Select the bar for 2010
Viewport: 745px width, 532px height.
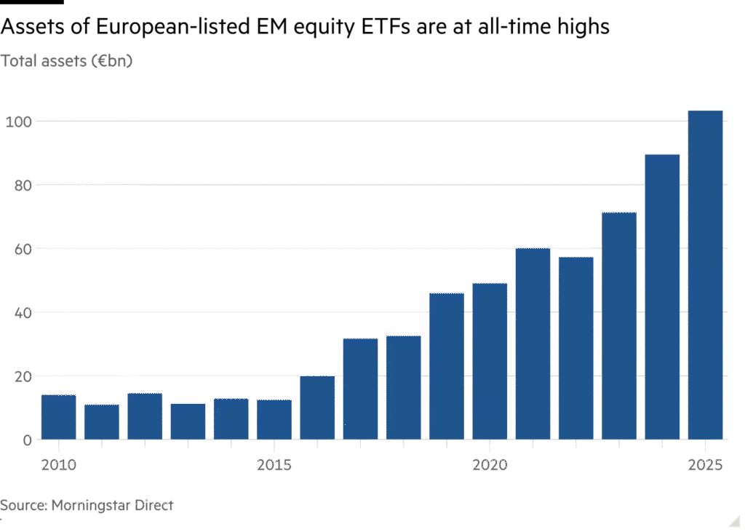[x=59, y=417]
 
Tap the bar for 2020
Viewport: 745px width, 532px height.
[x=490, y=361]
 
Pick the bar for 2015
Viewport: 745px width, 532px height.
[x=274, y=419]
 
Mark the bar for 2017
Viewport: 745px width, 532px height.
[x=360, y=389]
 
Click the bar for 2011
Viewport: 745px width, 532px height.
[x=101, y=422]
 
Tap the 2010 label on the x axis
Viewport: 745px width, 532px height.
[x=59, y=464]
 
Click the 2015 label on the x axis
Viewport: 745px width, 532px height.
[x=274, y=464]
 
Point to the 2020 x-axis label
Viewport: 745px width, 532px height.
[x=490, y=464]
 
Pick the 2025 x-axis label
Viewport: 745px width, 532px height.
[x=705, y=464]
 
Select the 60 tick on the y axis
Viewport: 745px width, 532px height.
[x=23, y=249]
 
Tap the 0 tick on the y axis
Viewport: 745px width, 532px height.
[x=27, y=440]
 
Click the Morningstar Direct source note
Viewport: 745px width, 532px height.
[x=87, y=504]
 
